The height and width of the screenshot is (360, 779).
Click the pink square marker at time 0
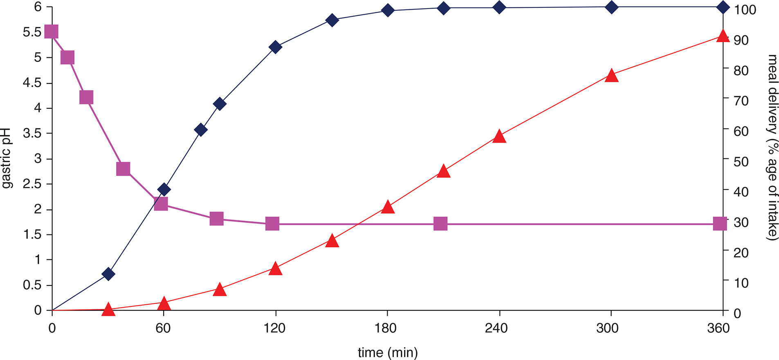point(51,32)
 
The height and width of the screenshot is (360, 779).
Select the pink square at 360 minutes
point(720,224)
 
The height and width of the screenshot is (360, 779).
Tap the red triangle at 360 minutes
point(723,36)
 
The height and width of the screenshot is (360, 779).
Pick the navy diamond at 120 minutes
point(275,47)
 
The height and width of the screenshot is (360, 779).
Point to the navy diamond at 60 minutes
point(164,189)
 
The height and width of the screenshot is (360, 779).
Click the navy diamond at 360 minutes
point(723,7)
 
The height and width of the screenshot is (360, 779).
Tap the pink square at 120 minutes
point(272,224)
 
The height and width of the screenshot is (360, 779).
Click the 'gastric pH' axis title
point(7,159)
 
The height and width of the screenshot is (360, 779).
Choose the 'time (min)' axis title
point(388,352)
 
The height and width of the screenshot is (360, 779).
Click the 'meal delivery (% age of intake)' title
point(772,147)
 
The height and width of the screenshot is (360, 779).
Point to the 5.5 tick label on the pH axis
point(32,32)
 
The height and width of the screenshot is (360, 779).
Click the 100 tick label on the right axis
point(745,10)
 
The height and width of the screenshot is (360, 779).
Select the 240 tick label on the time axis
point(496,328)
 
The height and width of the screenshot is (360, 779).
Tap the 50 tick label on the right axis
point(741,162)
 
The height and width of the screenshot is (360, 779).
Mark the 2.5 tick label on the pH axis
point(32,184)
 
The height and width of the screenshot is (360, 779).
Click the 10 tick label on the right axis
point(741,283)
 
